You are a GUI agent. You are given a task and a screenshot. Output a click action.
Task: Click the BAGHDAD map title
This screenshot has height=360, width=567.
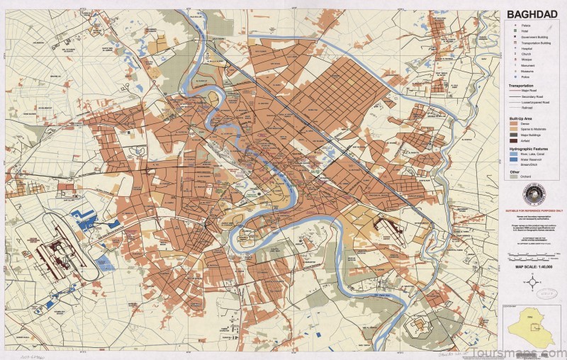click(532, 15)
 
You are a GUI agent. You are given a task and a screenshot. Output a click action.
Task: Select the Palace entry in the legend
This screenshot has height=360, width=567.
click(523, 26)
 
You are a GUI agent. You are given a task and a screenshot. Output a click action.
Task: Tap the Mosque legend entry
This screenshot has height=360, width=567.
click(523, 59)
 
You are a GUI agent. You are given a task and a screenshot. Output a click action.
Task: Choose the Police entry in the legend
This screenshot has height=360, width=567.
click(523, 77)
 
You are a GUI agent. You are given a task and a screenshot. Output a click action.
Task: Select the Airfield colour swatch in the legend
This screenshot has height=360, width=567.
click(514, 140)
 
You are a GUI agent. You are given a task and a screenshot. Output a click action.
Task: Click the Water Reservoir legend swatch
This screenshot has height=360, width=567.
click(514, 159)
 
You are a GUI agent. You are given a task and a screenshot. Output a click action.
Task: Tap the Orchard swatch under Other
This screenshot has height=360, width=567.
click(514, 176)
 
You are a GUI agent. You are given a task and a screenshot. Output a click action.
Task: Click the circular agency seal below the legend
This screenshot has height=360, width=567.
click(533, 193)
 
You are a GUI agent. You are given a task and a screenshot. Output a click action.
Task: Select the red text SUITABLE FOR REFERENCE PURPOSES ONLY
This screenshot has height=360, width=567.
click(534, 210)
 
